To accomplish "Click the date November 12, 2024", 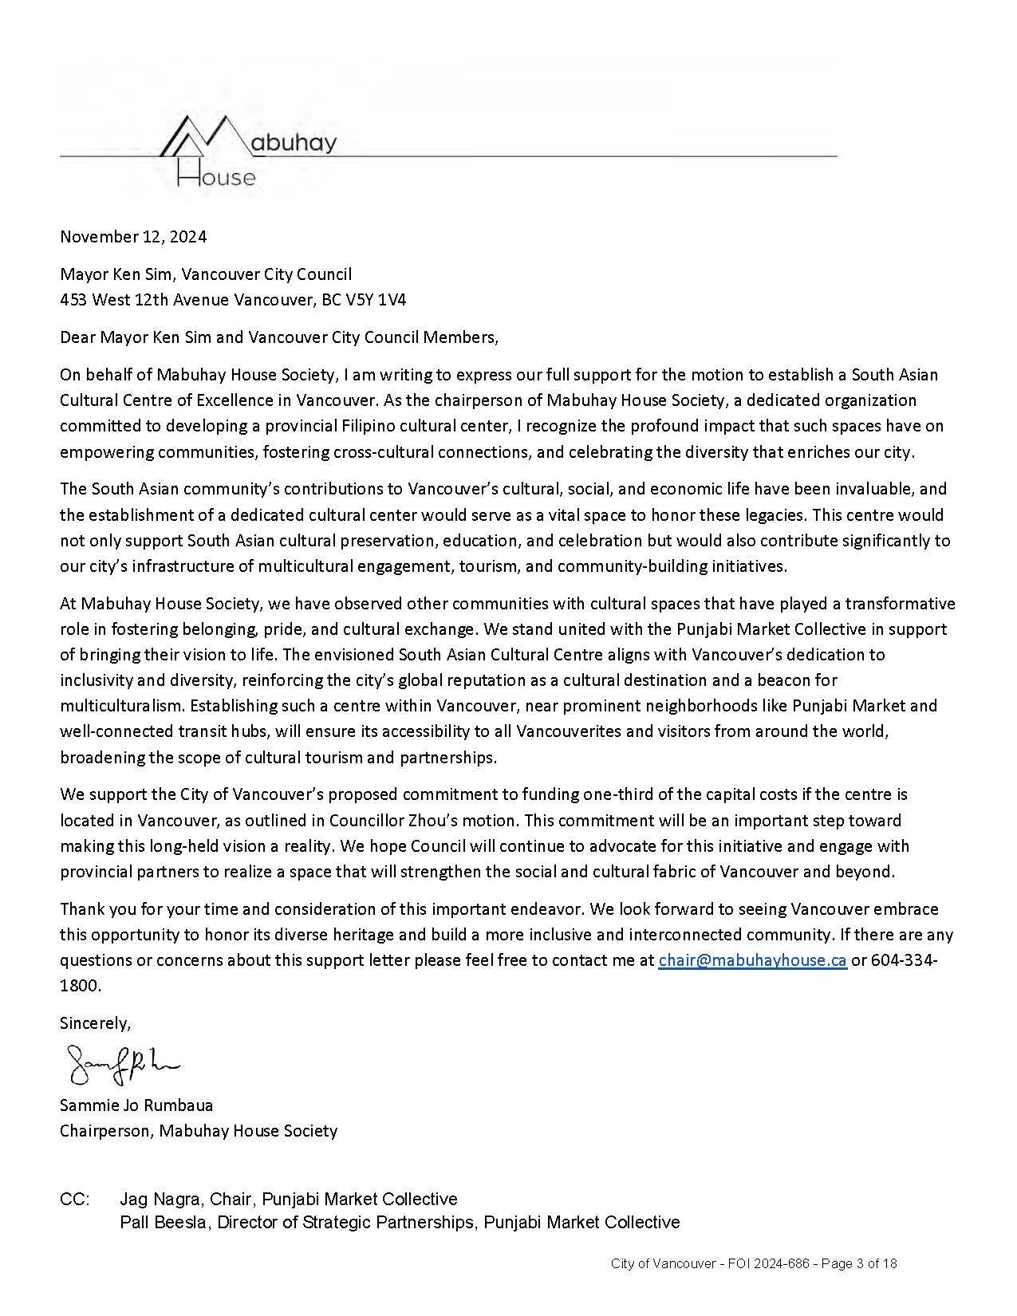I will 133,236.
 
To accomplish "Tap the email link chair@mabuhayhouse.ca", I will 752,960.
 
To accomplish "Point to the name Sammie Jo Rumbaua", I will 136,1105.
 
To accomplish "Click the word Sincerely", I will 95,1022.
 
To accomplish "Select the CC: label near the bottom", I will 76,1200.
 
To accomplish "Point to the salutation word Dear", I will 77,337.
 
